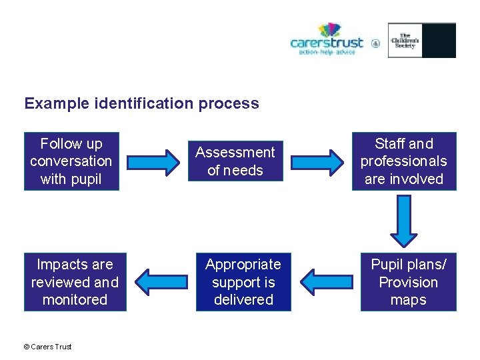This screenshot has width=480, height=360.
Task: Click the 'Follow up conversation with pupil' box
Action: coord(71,161)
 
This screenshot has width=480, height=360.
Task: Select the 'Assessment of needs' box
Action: coord(235,161)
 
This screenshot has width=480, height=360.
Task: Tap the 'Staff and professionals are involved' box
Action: coord(404,161)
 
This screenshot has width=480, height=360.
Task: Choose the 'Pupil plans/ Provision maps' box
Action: coord(408,282)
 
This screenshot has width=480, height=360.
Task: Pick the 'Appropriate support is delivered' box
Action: coord(243,282)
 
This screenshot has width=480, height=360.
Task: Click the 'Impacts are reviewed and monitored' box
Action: coord(75,282)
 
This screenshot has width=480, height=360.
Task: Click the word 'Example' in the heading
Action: coord(56,103)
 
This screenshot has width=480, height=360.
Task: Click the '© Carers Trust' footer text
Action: coord(47,346)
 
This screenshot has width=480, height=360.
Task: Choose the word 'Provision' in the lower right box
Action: coord(408,282)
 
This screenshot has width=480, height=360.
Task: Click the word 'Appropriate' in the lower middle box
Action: coord(243,265)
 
